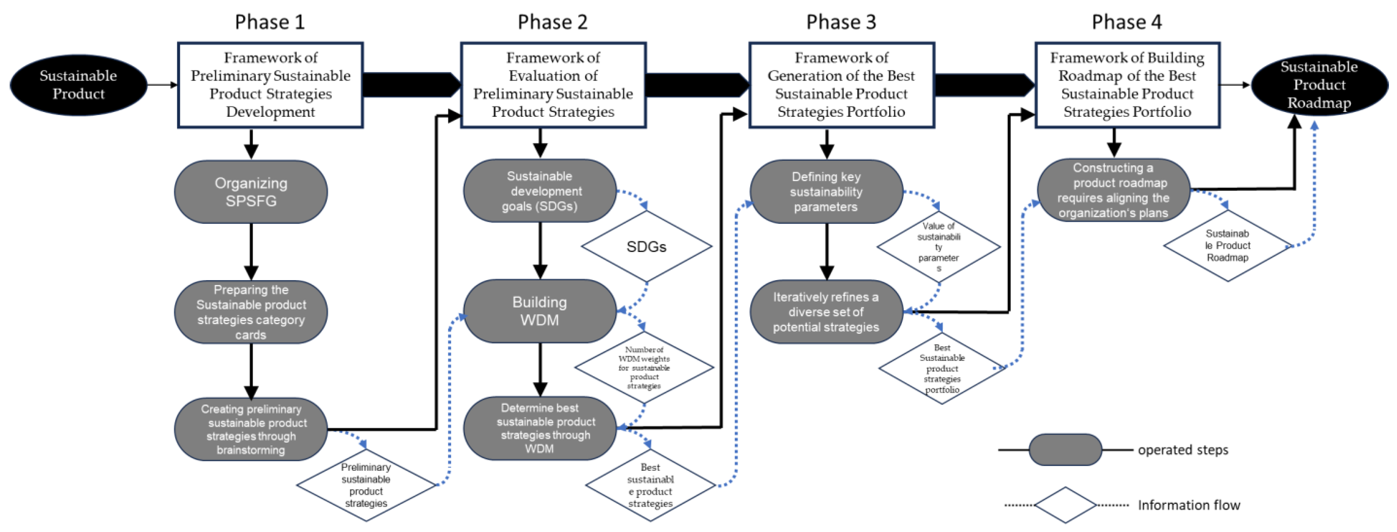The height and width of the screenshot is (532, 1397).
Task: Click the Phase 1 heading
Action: [x=270, y=22]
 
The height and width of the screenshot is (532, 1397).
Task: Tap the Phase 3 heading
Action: [x=841, y=22]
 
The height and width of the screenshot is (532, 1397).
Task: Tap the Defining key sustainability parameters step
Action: [x=826, y=192]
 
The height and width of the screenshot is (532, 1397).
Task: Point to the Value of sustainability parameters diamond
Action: [x=938, y=247]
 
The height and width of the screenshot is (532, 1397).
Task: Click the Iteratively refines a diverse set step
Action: [x=826, y=312]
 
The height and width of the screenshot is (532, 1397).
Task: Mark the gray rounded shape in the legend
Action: [x=1065, y=449]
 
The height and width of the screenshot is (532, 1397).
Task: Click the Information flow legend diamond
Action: [x=1065, y=505]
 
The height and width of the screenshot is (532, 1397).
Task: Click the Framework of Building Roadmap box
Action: [x=1127, y=85]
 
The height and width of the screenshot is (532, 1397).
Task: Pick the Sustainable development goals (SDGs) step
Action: [x=539, y=191]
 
